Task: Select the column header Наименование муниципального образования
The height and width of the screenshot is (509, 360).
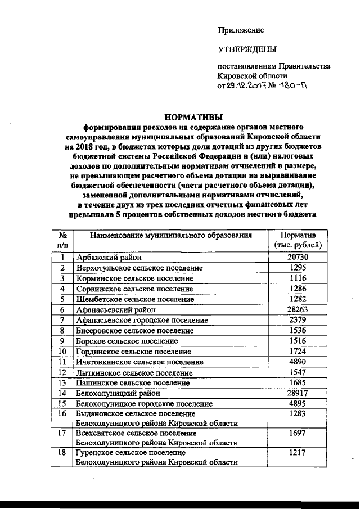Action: (x=170, y=235)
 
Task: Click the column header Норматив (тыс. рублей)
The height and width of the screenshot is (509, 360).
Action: (x=298, y=240)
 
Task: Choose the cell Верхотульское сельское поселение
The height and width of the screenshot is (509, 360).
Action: (x=139, y=267)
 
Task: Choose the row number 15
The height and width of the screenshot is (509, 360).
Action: (x=63, y=403)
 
